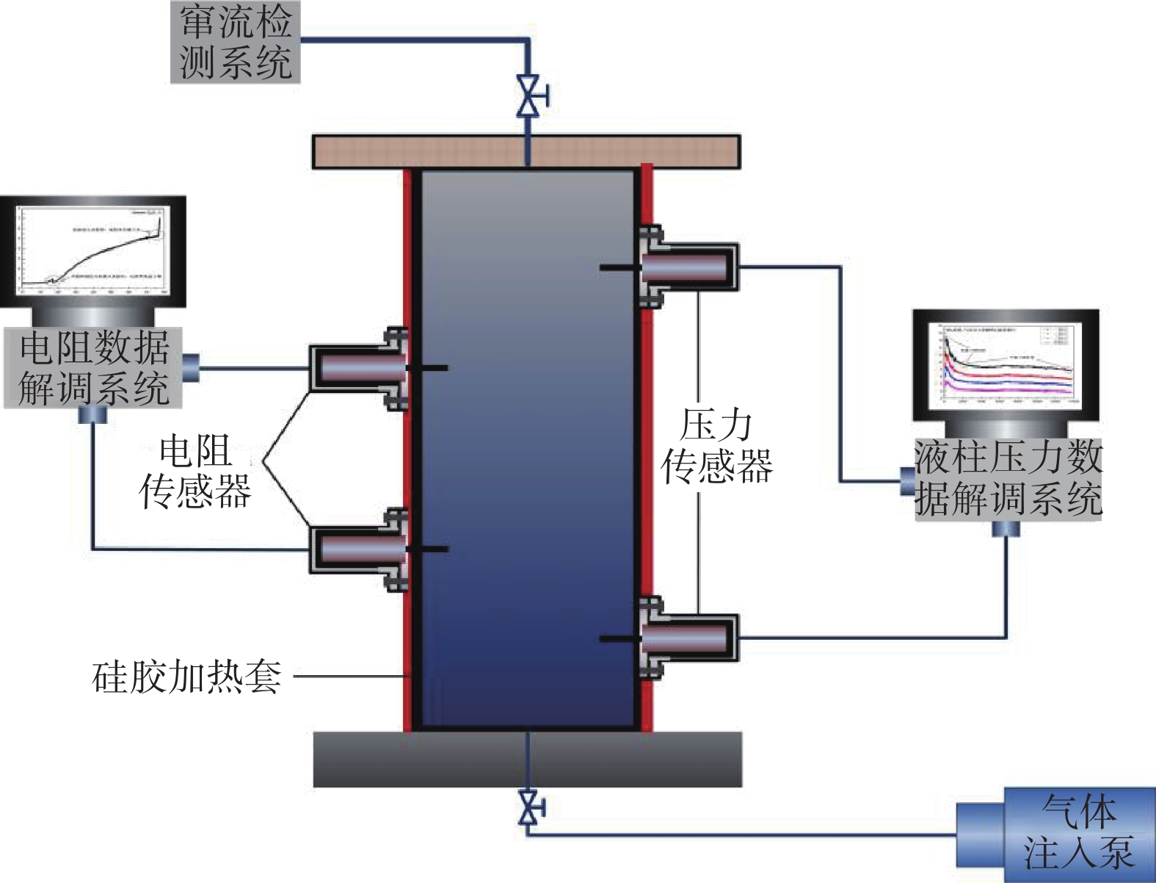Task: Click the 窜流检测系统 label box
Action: point(235,41)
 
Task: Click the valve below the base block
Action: point(528,808)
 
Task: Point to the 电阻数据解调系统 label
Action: point(93,367)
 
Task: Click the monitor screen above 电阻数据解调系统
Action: point(92,251)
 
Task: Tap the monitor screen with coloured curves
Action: point(1006,364)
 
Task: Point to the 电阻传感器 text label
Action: point(195,471)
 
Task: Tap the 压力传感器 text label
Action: point(716,446)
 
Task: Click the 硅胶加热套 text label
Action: point(186,677)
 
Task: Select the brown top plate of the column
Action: point(526,151)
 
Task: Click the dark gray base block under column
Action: point(527,759)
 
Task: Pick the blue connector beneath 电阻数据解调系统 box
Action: point(92,416)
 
